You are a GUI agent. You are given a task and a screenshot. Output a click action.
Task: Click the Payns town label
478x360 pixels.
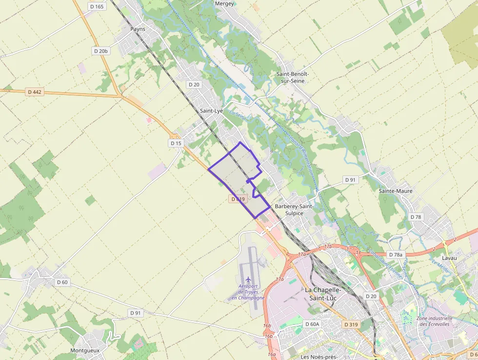(138, 29)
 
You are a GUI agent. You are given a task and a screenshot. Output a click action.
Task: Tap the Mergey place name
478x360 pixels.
(225, 3)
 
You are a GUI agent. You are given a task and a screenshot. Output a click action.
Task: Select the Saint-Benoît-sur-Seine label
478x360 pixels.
(293, 77)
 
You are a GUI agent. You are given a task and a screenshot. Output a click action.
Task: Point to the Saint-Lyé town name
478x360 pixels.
(211, 111)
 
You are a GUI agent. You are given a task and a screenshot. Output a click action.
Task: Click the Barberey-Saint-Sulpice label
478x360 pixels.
(294, 210)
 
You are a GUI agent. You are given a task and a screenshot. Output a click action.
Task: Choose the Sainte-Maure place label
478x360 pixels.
(396, 191)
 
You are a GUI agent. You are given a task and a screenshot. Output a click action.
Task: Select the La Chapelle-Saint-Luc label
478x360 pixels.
(323, 293)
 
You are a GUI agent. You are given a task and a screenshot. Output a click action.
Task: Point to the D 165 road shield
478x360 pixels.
(97, 6)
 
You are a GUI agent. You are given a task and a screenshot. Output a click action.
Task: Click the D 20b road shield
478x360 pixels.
(101, 51)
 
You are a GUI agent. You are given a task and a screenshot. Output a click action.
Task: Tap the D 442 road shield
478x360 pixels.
(35, 92)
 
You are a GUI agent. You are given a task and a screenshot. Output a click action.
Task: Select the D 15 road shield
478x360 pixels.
(176, 143)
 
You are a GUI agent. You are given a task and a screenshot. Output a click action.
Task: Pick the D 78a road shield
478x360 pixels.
(396, 255)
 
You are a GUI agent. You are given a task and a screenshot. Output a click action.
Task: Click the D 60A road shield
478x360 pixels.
(312, 324)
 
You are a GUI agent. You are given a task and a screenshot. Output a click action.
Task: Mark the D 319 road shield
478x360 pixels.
(351, 324)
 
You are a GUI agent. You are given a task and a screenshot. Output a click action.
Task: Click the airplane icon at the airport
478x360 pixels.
(248, 279)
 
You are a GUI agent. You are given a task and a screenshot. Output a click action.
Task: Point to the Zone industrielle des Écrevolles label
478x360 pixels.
(435, 321)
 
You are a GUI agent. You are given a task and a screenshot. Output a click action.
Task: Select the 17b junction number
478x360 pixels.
(328, 246)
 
